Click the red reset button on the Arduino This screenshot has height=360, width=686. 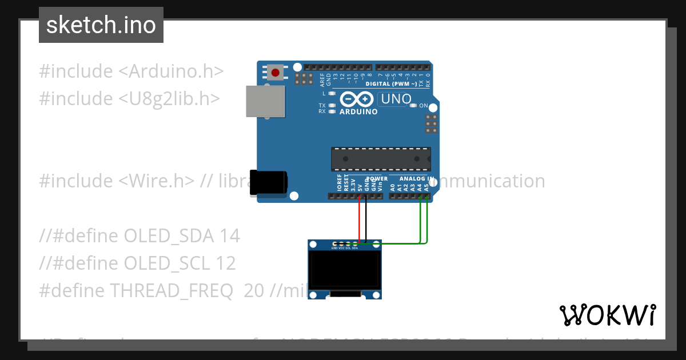(276, 73)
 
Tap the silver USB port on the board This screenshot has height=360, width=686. (265, 101)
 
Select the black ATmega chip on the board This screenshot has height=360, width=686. (381, 159)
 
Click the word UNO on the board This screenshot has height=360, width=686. (396, 99)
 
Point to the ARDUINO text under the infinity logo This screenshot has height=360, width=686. (358, 112)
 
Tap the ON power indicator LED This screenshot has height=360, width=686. (413, 106)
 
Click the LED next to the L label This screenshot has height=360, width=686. (332, 93)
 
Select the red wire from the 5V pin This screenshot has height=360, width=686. (359, 220)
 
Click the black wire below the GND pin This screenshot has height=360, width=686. (366, 220)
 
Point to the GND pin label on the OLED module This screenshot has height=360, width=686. (334, 249)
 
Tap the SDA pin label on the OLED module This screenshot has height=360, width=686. (355, 249)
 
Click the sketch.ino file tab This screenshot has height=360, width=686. (101, 25)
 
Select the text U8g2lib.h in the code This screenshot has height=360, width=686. (169, 99)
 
